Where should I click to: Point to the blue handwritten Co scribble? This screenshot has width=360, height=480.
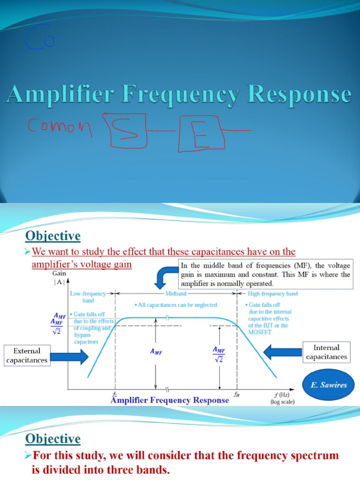40,38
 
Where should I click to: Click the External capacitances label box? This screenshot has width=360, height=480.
27,355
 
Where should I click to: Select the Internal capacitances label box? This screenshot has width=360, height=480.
327,352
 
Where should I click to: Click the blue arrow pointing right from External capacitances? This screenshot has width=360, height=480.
70,356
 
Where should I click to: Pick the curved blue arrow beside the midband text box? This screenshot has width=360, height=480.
165,279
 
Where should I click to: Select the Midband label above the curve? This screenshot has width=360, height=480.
175,293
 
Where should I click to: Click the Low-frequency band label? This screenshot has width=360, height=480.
88,297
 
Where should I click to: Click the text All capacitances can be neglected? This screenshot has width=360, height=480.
176,305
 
